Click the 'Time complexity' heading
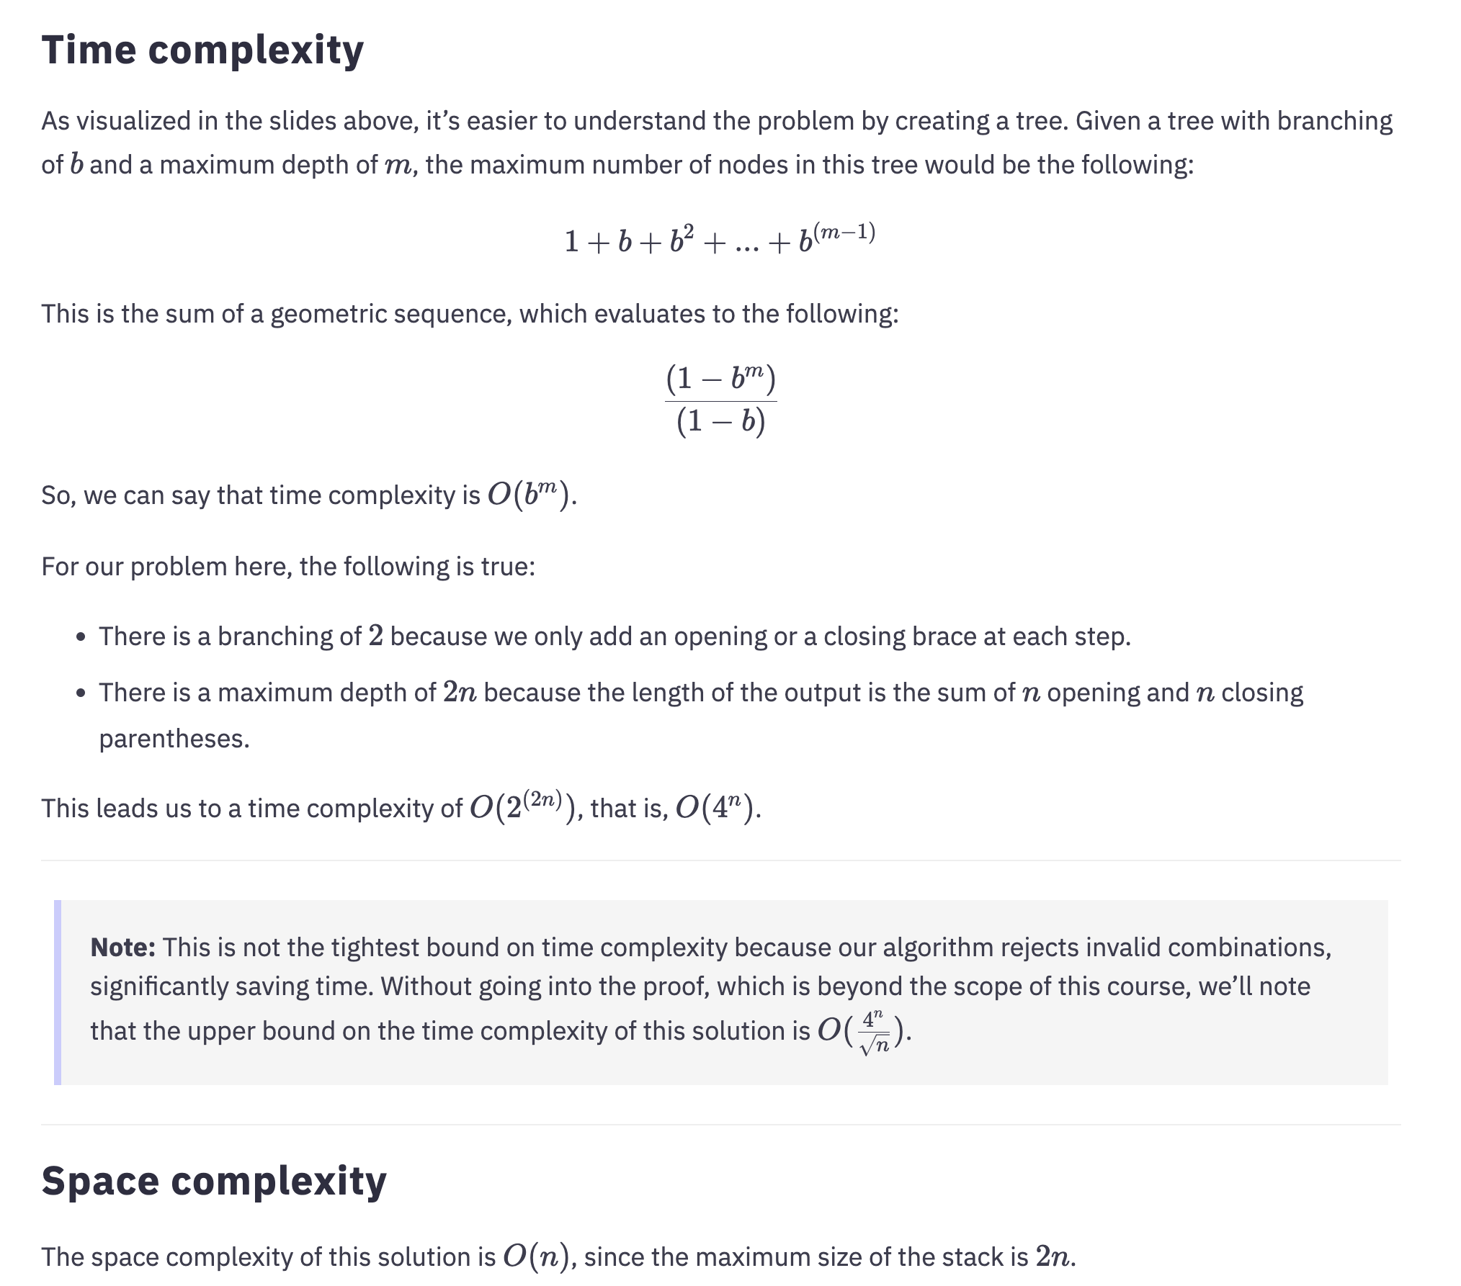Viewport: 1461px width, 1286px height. (202, 50)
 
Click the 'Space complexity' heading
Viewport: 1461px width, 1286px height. (214, 1182)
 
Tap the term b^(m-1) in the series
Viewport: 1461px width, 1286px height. (836, 238)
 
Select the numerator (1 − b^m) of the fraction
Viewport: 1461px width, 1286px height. (720, 379)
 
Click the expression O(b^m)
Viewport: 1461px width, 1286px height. (530, 495)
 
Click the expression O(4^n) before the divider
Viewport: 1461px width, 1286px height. (716, 808)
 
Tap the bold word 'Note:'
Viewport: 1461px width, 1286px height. (122, 948)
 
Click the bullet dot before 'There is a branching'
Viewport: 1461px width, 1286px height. (81, 637)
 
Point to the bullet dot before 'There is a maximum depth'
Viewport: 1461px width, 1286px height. (81, 693)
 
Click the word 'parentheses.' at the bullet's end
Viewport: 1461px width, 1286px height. (174, 739)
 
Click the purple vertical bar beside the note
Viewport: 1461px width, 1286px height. (58, 992)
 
